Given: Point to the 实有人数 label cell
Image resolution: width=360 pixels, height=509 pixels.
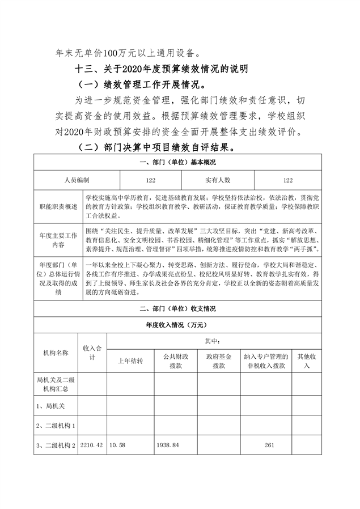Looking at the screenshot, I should pyautogui.click(x=218, y=180).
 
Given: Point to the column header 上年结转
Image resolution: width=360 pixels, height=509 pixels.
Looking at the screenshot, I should pyautogui.click(x=130, y=361).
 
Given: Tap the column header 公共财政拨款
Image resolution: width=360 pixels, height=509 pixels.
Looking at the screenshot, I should pyautogui.click(x=176, y=361).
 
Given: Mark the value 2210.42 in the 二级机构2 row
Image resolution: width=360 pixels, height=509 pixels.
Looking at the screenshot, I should pyautogui.click(x=92, y=444).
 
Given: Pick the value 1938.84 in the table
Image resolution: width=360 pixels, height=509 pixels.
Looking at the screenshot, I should pyautogui.click(x=168, y=444).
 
